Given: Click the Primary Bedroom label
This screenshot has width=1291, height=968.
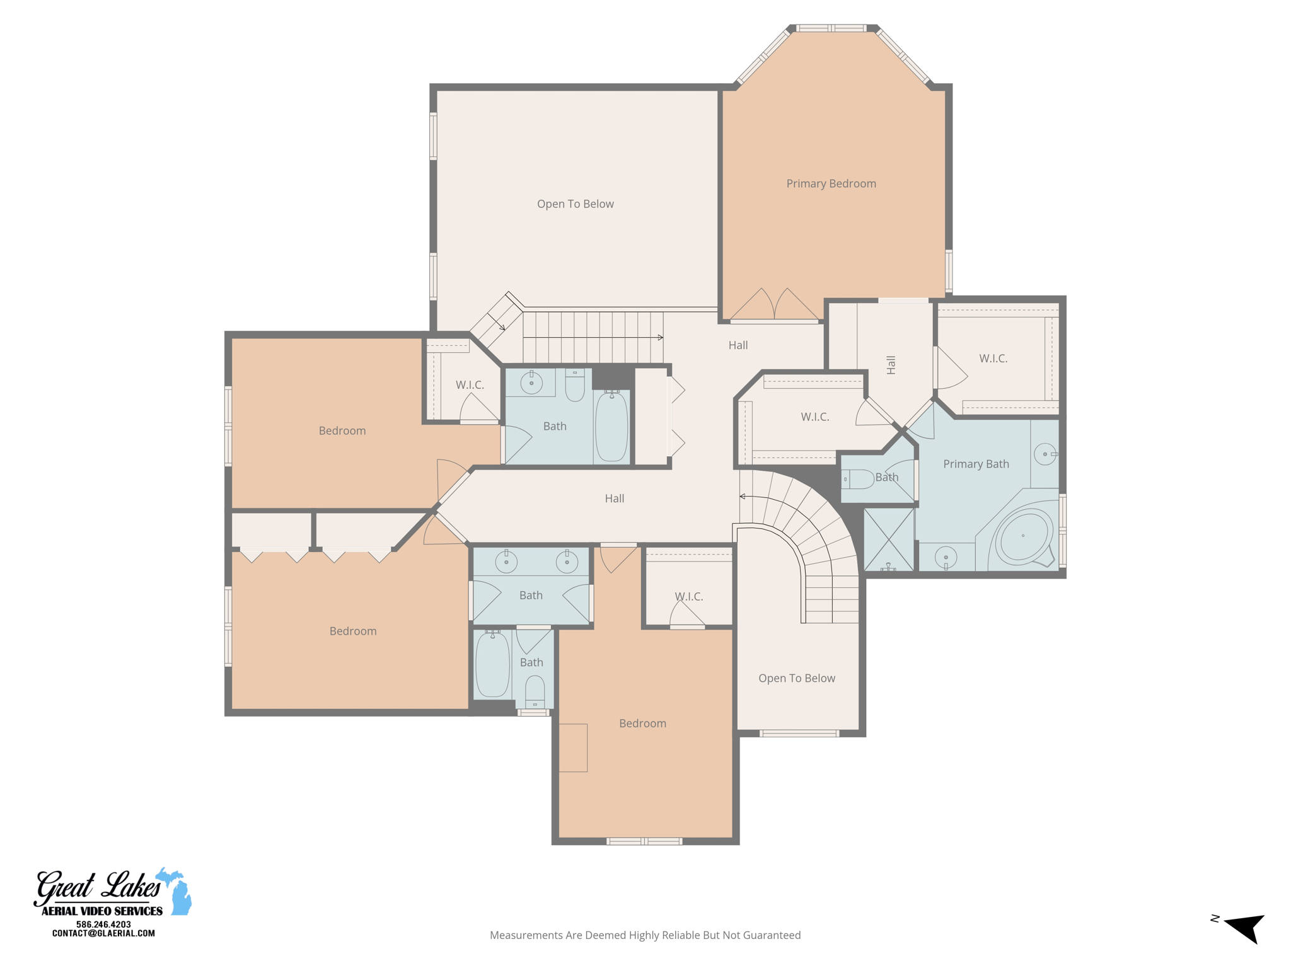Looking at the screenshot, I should pyautogui.click(x=831, y=183).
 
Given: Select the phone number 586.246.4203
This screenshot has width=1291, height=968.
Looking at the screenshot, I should pyautogui.click(x=103, y=925).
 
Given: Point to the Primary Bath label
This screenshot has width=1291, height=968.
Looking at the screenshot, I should pyautogui.click(x=976, y=464).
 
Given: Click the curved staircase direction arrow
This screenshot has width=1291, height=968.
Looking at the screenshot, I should pyautogui.click(x=743, y=497).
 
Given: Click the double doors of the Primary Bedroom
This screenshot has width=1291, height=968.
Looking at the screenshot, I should pyautogui.click(x=774, y=305).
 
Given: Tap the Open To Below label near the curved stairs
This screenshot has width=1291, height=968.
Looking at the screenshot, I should pyautogui.click(x=797, y=678).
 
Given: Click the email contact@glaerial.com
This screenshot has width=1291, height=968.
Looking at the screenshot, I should pyautogui.click(x=103, y=933).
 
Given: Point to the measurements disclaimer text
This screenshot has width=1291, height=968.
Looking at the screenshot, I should pyautogui.click(x=645, y=935).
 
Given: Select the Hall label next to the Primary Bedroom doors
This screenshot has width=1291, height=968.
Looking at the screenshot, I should pyautogui.click(x=738, y=345).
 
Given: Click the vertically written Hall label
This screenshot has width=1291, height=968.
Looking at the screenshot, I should pyautogui.click(x=891, y=365).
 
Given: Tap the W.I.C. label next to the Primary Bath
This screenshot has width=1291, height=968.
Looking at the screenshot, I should pyautogui.click(x=993, y=359).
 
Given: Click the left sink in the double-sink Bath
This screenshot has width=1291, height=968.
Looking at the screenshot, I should pyautogui.click(x=506, y=561).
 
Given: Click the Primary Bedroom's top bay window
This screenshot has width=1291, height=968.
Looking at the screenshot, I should pyautogui.click(x=831, y=28).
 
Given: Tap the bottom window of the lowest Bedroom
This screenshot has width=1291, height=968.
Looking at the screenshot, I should pyautogui.click(x=644, y=841).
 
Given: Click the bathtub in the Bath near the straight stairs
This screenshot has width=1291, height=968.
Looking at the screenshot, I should pyautogui.click(x=611, y=426).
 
